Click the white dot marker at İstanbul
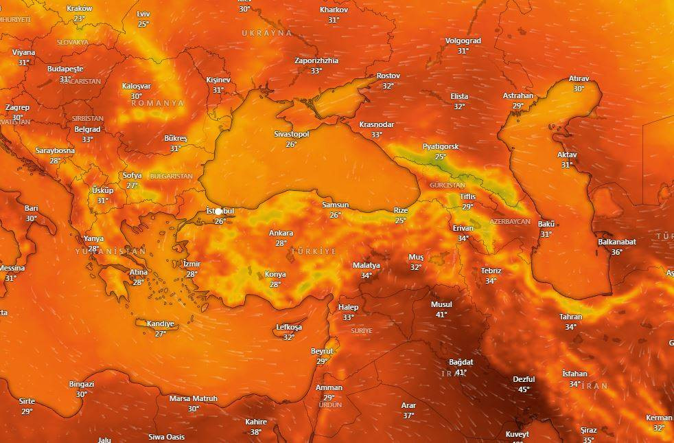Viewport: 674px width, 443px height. coord(218,211)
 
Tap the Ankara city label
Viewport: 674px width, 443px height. coord(281,233)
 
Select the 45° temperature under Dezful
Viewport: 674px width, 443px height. coord(524,389)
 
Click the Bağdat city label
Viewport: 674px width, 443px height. coord(461,362)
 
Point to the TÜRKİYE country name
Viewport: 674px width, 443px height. coord(314,251)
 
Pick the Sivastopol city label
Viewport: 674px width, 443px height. coord(291,134)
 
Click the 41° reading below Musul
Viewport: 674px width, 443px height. coord(441,315)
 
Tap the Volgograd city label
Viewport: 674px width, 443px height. coord(463,41)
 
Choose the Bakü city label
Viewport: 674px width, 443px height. coord(546,225)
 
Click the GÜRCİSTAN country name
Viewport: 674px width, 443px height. coord(447,185)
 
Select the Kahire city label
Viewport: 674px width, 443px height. coord(256,422)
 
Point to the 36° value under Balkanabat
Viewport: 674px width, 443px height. coord(616,252)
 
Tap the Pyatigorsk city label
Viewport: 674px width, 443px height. coord(441,147)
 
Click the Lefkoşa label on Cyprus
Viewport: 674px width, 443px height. coord(288,327)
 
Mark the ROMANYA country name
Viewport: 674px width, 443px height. coord(157,103)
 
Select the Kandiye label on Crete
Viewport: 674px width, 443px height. coord(160,323)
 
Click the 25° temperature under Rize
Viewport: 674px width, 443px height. coord(400,220)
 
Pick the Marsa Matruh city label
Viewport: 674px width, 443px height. coord(194,398)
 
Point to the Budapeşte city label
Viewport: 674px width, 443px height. coord(65,69)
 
